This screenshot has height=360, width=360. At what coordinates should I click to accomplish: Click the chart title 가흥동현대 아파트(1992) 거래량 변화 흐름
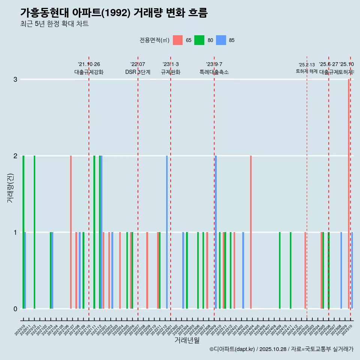pyautogui.click(x=114, y=13)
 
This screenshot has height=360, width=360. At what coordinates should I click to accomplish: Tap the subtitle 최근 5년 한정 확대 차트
pyautogui.click(x=54, y=24)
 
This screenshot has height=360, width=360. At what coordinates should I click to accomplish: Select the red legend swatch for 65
pyautogui.click(x=178, y=40)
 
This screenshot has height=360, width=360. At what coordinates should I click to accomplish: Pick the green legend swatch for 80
pyautogui.click(x=199, y=40)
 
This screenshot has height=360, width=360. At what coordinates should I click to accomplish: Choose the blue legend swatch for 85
pyautogui.click(x=221, y=40)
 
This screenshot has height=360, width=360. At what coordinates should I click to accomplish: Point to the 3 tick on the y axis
pyautogui.click(x=15, y=79)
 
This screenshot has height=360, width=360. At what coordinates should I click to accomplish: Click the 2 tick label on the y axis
pyautogui.click(x=15, y=156)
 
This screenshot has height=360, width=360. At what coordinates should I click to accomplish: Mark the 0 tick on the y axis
pyautogui.click(x=15, y=309)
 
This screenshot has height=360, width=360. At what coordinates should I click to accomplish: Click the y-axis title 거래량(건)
pyautogui.click(x=10, y=187)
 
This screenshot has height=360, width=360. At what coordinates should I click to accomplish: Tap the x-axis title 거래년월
pyautogui.click(x=187, y=340)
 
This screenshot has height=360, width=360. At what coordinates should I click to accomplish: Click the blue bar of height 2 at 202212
pyautogui.click(x=167, y=232)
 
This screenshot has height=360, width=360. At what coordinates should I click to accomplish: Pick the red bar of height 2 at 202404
pyautogui.click(x=251, y=232)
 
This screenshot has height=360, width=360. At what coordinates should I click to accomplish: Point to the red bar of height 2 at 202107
pyautogui.click(x=71, y=232)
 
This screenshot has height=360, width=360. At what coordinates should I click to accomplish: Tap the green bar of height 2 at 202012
pyautogui.click(x=34, y=232)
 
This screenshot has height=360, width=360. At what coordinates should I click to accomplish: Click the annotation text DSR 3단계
pyautogui.click(x=138, y=72)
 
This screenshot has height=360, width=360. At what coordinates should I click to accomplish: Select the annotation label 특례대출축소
pyautogui.click(x=214, y=72)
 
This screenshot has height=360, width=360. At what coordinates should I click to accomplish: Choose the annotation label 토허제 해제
pyautogui.click(x=306, y=71)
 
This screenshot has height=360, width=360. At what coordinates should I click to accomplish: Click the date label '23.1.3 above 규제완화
pyautogui.click(x=171, y=64)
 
